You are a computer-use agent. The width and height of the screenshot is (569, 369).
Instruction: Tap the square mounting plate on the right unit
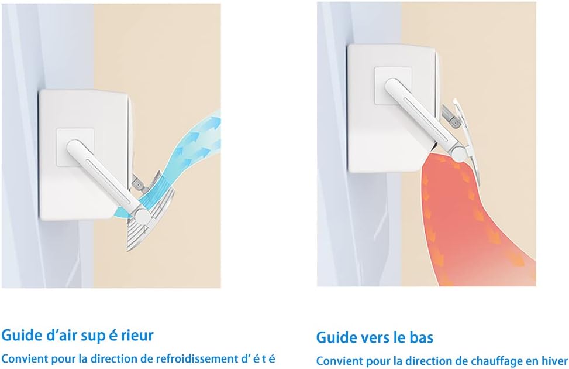392,85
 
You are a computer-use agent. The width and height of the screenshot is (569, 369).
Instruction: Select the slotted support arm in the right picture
418,115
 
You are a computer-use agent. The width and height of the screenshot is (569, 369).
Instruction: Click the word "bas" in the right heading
420,337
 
